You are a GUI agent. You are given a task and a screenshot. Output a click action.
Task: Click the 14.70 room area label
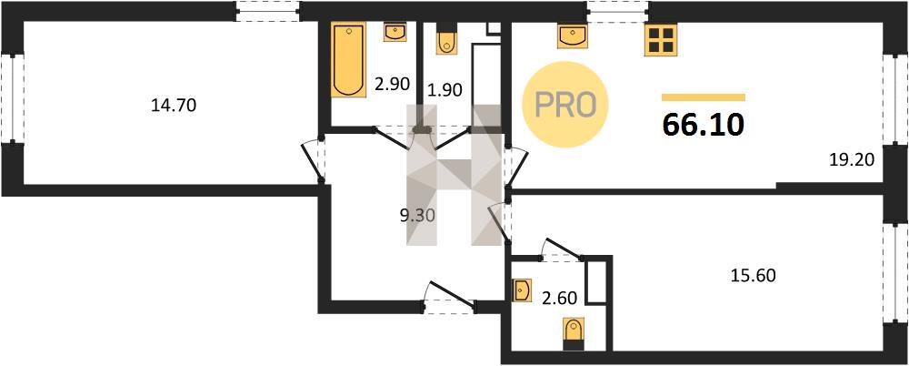(174, 105)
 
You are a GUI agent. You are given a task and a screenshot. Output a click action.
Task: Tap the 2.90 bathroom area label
(392, 84)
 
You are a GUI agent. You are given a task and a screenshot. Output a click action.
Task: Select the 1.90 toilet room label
(445, 90)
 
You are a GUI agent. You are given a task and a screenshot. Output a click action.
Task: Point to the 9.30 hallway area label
(417, 216)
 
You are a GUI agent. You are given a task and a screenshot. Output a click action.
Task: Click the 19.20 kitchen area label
(851, 158)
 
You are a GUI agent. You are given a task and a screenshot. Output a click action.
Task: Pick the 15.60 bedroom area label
(753, 274)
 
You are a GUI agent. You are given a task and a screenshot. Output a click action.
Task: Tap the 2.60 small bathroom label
(559, 300)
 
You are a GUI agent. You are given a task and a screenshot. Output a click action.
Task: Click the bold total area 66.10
(703, 125)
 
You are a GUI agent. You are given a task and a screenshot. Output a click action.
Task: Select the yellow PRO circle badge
(564, 104)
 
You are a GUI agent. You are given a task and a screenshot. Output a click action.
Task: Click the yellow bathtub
(348, 59)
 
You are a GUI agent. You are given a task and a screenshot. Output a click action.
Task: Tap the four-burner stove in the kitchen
(661, 40)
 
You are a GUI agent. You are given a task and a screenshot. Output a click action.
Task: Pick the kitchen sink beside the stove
(572, 36)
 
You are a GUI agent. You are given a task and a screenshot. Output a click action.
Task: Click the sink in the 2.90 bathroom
(395, 32)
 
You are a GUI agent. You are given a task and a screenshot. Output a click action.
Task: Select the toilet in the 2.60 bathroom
(574, 335)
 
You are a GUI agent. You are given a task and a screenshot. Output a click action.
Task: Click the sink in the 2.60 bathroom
(523, 290)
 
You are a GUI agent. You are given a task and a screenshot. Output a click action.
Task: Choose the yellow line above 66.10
(704, 97)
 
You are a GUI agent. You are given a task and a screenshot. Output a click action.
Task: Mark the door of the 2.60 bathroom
(561, 249)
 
